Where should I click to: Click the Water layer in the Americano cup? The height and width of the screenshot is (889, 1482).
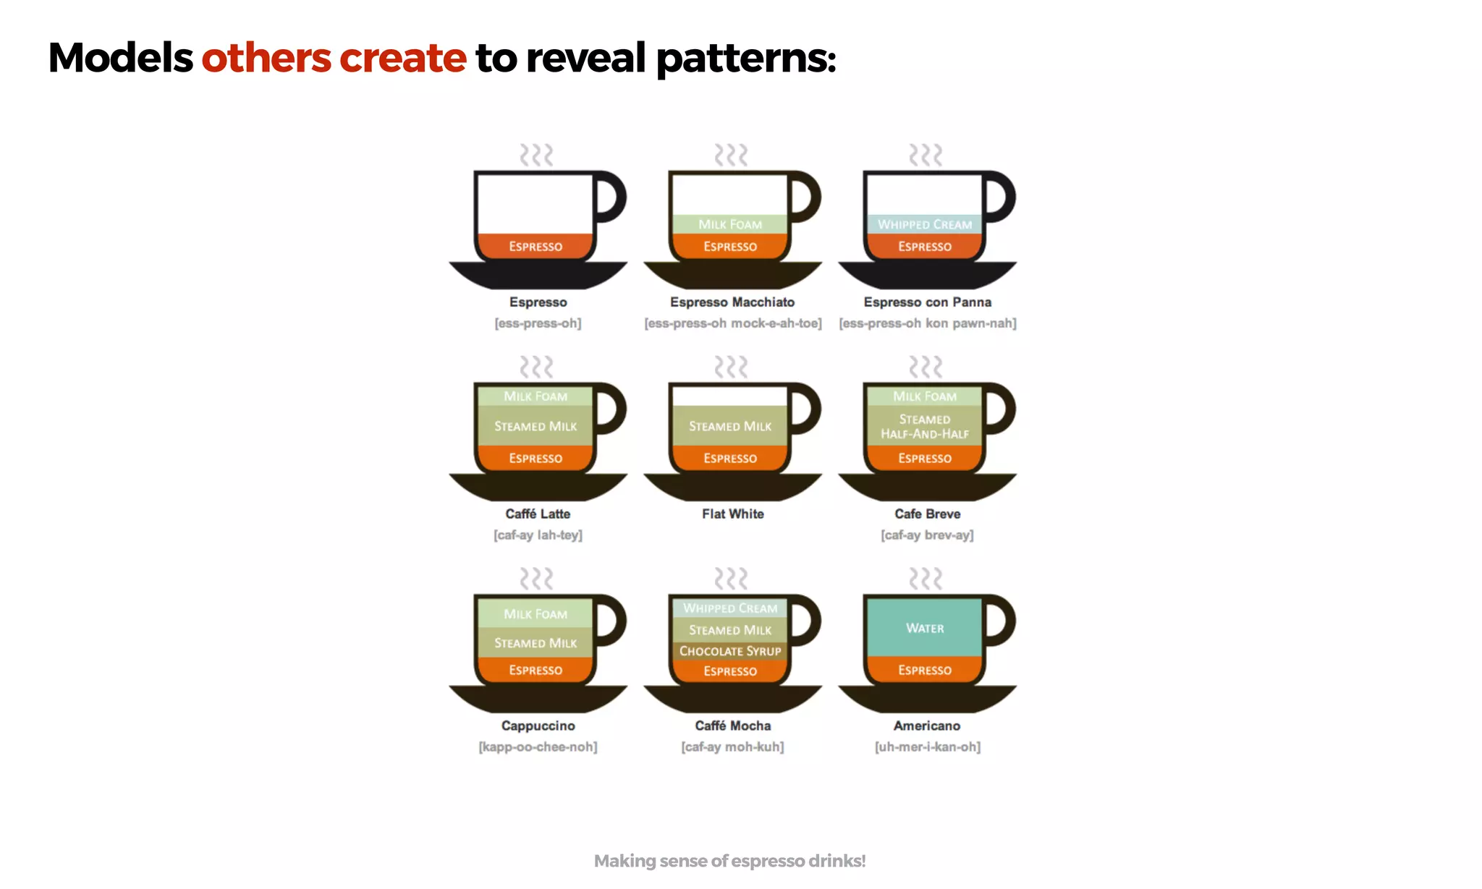click(924, 628)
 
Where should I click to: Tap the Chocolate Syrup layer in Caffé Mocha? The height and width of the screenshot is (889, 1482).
click(729, 651)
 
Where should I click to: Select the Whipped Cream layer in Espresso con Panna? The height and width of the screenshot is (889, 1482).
click(924, 224)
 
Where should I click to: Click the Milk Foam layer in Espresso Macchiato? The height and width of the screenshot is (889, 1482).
click(729, 224)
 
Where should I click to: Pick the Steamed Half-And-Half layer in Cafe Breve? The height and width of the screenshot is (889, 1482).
click(924, 426)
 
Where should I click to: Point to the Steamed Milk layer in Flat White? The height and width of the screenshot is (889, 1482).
click(729, 426)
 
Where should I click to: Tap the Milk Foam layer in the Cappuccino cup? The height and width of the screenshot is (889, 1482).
click(535, 614)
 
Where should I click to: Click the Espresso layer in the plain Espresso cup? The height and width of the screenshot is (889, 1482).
click(535, 246)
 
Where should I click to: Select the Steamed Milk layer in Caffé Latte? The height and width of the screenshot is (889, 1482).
click(535, 426)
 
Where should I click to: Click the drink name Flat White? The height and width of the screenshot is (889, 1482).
click(732, 514)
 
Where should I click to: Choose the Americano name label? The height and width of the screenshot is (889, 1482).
click(926, 726)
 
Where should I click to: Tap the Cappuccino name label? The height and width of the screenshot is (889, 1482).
click(538, 726)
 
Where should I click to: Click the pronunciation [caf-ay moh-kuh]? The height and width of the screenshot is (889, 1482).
click(732, 746)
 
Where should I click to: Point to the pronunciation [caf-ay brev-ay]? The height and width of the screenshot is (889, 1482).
click(927, 535)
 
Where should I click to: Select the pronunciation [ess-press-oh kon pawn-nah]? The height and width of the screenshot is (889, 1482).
click(927, 323)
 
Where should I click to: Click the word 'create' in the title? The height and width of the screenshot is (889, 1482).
click(402, 58)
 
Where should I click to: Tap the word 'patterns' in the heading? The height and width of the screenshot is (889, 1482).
click(745, 58)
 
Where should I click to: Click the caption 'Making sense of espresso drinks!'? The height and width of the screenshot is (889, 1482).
click(729, 861)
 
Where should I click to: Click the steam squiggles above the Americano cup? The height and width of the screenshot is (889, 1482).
click(926, 579)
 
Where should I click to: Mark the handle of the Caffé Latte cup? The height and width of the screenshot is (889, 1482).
click(612, 409)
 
